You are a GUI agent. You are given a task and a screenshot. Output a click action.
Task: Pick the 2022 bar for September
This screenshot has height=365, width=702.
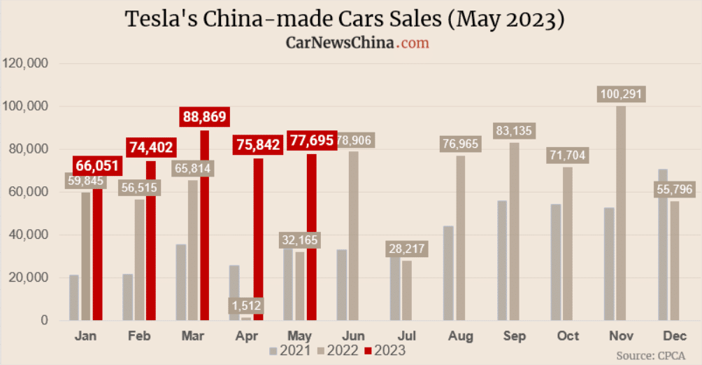pyautogui.click(x=514, y=231)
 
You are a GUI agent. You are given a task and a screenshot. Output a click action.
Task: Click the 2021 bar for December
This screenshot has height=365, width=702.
pyautogui.click(x=663, y=245)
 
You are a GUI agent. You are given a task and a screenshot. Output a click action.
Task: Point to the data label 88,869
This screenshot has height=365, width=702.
pyautogui.click(x=204, y=117)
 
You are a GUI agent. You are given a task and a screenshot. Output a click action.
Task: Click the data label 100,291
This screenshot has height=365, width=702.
pyautogui.click(x=621, y=95)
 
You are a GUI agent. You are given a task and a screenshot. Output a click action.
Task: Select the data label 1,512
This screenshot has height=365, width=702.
pyautogui.click(x=246, y=305)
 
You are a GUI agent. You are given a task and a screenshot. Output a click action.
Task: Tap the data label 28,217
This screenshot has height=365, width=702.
pyautogui.click(x=406, y=249)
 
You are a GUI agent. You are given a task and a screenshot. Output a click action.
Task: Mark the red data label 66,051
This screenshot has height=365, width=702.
pyautogui.click(x=97, y=166)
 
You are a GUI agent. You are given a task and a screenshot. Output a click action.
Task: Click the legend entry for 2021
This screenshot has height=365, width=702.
pyautogui.click(x=288, y=350)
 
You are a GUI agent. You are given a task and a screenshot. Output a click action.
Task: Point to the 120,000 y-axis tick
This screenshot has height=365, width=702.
pyautogui.click(x=25, y=64)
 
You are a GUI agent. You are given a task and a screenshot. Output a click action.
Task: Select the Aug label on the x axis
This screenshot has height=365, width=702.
pyautogui.click(x=461, y=336)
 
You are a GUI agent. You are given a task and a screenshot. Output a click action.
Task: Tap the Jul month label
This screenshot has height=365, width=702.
pyautogui.click(x=407, y=336)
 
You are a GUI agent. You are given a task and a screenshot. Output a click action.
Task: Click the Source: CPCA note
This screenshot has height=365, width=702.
pyautogui.click(x=650, y=356)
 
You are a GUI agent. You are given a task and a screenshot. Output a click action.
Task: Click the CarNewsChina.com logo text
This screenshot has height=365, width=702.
pyautogui.click(x=357, y=43)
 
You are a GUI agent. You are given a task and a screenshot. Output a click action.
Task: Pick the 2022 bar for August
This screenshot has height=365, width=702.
pyautogui.click(x=461, y=238)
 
